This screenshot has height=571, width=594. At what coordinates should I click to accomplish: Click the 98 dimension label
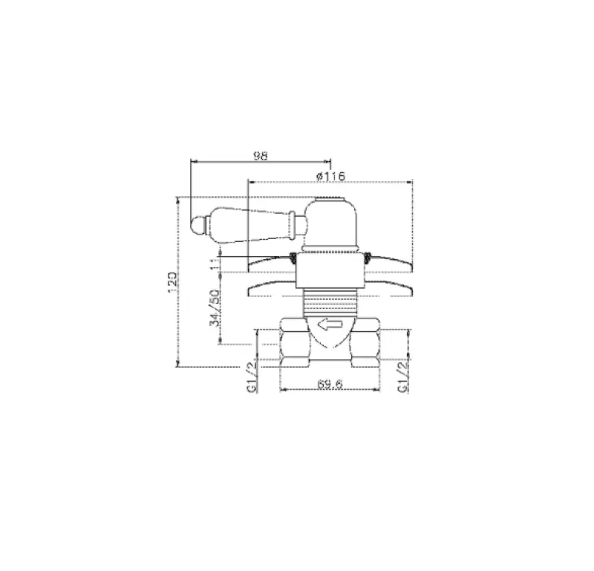[260, 155]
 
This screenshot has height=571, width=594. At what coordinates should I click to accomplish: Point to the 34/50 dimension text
[215, 307]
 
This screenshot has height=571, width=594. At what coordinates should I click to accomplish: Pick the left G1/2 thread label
[252, 377]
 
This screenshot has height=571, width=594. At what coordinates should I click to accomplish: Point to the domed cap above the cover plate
[335, 221]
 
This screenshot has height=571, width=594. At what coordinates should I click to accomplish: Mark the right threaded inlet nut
[370, 342]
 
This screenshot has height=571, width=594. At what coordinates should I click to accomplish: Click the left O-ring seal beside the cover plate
[293, 258]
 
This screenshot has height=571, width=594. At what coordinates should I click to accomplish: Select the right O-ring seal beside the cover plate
[368, 258]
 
